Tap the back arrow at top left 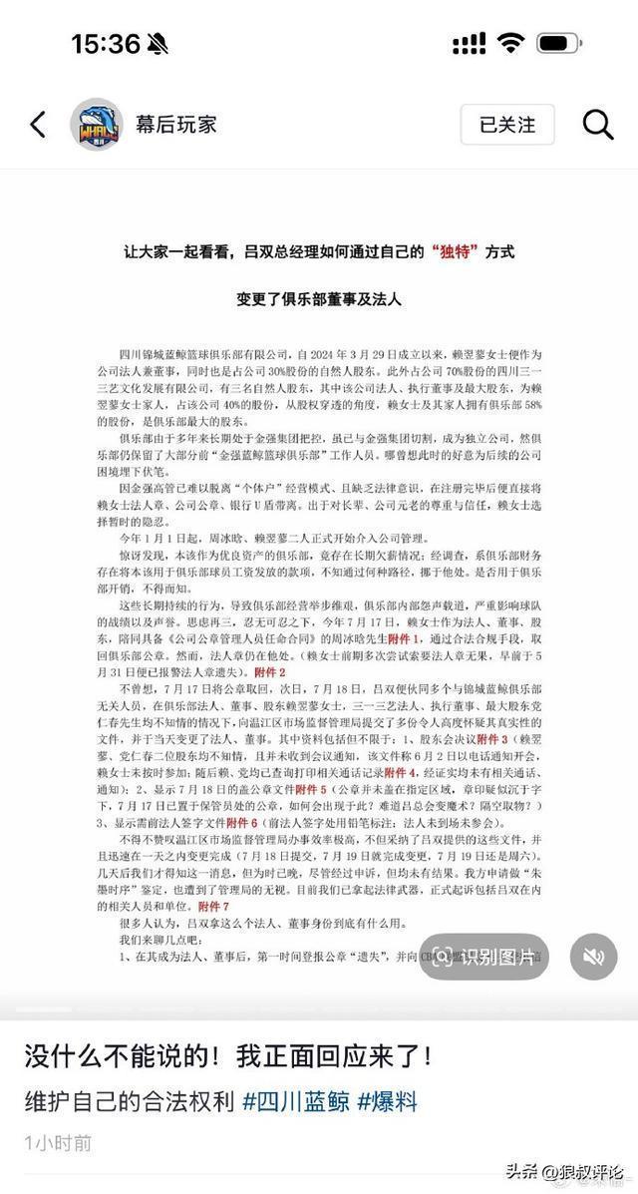(x=38, y=125)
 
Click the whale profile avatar (x=96, y=125)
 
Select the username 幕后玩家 (x=176, y=125)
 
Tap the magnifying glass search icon (x=597, y=125)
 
